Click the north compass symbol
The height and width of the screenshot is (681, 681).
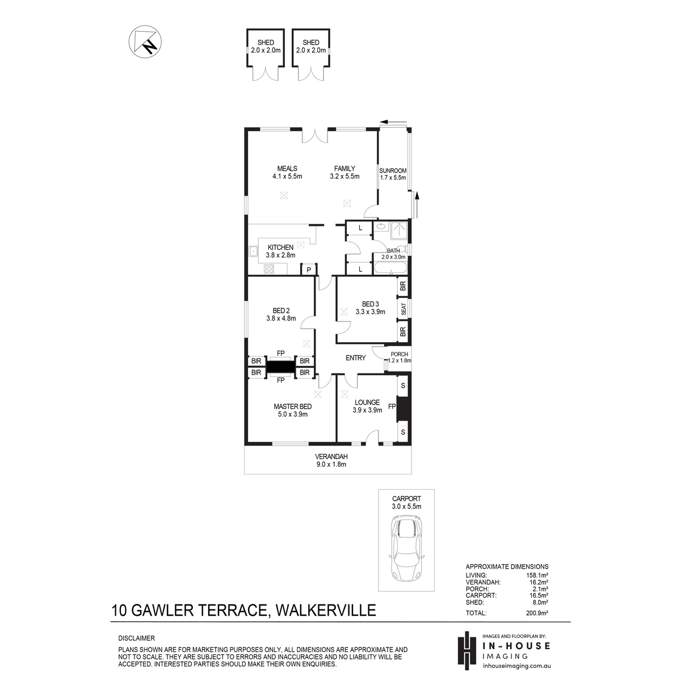145,41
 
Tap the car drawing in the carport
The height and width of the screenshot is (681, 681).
406,553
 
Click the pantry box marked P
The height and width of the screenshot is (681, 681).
309,270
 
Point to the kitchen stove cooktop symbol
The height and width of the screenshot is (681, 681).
269,268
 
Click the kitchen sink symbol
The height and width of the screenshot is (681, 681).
253,251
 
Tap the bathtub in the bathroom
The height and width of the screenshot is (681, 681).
390,268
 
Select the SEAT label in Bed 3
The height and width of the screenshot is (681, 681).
403,309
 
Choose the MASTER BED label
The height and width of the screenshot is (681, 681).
293,406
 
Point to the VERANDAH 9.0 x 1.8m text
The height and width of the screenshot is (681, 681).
331,460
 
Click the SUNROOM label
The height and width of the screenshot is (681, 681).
393,170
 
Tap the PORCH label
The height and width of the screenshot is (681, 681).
400,354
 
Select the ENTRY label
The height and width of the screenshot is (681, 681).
355,358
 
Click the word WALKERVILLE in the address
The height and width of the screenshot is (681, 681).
326,610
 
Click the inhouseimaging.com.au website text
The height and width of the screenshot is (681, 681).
516,666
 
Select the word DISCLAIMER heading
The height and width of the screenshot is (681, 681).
136,638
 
